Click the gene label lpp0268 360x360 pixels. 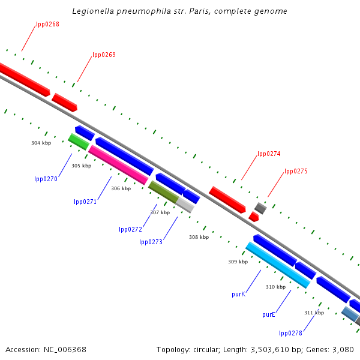tap(47, 24)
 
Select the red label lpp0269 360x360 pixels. tap(104, 55)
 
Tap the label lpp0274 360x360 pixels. tap(269, 154)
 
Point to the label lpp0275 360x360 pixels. tap(296, 171)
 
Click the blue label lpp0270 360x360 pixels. tap(46, 179)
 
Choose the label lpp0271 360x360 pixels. tap(85, 202)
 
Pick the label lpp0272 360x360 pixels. tap(130, 229)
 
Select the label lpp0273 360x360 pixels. tap(151, 242)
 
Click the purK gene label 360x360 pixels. tap(238, 295)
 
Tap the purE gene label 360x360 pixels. tap(268, 314)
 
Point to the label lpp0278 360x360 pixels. tap(290, 333)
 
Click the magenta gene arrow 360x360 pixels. tap(118, 164)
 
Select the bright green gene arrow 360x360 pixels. tap(79, 142)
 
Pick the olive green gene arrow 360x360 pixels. tap(163, 191)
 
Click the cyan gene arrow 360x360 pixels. tap(277, 265)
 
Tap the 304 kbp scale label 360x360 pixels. tap(41, 143)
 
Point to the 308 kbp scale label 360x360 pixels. tap(199, 237)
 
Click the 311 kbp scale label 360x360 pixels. tap(314, 313)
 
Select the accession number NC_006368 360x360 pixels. tap(46, 349)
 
